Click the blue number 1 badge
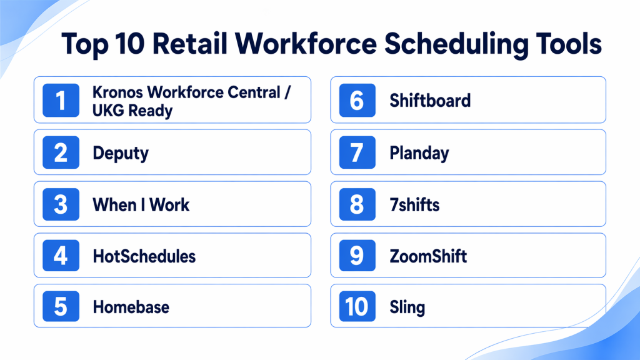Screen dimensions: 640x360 [x=61, y=101]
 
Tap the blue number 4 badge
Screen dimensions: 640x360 [x=61, y=256]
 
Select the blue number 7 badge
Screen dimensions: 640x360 [x=357, y=152]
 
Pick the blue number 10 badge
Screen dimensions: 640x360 [x=357, y=306]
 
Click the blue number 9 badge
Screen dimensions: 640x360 [x=357, y=256]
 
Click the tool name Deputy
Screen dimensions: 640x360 [x=121, y=154]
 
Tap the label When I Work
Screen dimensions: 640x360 [x=141, y=204]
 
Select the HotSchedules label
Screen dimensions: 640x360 [x=144, y=256]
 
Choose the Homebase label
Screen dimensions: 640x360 [x=131, y=307]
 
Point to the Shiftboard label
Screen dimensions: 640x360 [x=430, y=101]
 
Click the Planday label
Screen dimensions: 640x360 [x=419, y=154]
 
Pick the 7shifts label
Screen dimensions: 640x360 [x=415, y=204]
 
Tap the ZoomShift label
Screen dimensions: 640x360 [x=428, y=256]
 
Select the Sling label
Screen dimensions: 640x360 [x=407, y=307]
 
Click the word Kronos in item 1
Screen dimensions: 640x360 [x=117, y=92]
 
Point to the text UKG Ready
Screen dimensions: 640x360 [x=132, y=111]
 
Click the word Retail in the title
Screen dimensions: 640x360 [x=190, y=44]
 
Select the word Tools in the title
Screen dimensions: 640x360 [x=569, y=44]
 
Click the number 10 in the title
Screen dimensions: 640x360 [x=129, y=44]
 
